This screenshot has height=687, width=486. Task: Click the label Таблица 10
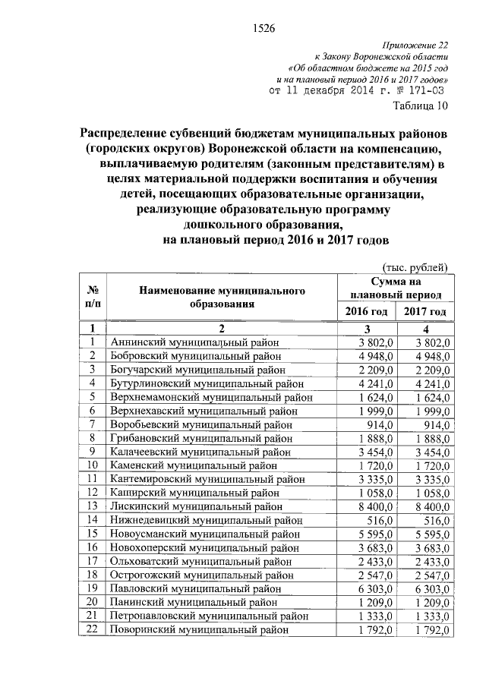coord(420,105)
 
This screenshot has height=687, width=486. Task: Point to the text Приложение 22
coord(417,46)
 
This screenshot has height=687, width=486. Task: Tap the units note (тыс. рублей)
coord(417,267)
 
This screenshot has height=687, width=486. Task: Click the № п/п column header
coord(93,298)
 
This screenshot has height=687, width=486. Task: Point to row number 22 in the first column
coord(93,629)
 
